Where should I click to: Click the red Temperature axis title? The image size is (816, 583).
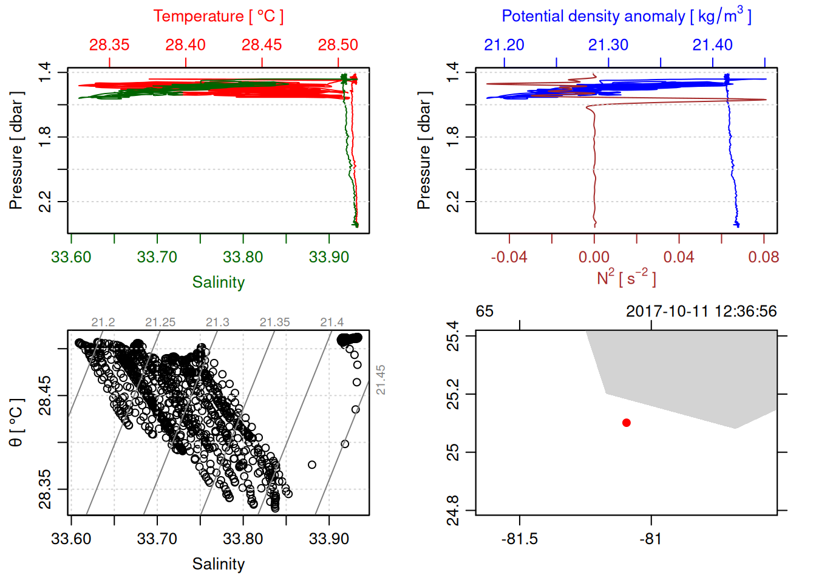point(219,16)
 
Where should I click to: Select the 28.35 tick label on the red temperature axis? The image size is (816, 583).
point(109,45)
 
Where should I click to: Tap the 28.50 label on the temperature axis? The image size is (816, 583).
point(338,45)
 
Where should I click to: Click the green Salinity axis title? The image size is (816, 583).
point(219,282)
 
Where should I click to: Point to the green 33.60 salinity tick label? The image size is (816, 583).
point(71,257)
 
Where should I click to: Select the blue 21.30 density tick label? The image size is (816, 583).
point(608,45)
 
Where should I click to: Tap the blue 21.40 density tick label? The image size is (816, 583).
point(713,45)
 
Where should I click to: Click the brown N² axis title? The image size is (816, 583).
point(627,278)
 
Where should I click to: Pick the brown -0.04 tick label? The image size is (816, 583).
point(509,257)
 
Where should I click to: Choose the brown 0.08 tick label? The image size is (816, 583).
point(764,257)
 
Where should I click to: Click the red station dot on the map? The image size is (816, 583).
point(627,423)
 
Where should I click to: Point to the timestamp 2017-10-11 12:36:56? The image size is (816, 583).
point(701,312)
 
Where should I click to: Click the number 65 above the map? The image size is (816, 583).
point(484,312)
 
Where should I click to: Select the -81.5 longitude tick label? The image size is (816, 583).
point(520,539)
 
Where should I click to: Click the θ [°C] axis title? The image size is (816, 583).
point(16,422)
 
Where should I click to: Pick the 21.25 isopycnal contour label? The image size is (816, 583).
point(160,322)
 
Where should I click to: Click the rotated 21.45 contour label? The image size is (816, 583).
point(381,380)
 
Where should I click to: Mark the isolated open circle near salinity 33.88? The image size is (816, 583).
point(312,465)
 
